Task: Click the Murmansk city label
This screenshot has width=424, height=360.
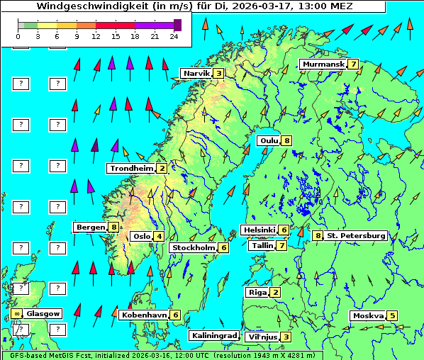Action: pos(323,64)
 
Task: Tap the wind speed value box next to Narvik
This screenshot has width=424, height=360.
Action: pos(219,73)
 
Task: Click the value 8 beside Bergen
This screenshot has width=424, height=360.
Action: pos(113,227)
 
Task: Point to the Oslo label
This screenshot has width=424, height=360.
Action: pos(141,237)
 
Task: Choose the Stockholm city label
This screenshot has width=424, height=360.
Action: pos(194,248)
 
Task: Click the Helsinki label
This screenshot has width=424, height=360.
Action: pos(258,230)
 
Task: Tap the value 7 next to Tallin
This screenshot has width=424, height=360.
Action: pos(281,246)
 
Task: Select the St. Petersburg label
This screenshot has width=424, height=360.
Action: pos(355,235)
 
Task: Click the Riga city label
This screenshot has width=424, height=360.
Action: pos(256,292)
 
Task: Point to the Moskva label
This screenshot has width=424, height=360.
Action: pos(367,316)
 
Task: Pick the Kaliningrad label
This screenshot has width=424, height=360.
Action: pos(213,336)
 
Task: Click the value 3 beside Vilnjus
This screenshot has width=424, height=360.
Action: pos(285,337)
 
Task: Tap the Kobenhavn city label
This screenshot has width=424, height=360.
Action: pos(144,315)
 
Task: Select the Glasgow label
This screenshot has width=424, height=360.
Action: pos(43,313)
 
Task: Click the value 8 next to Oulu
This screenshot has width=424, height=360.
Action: pos(286,140)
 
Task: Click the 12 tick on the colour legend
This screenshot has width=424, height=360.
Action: pos(96,36)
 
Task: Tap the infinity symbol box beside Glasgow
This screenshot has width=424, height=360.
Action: pos(16,313)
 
